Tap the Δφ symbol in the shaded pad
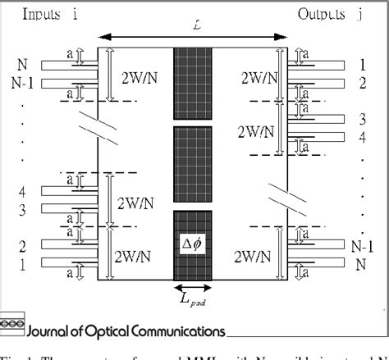coord(193,244)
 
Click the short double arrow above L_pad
coord(193,289)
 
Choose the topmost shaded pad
coord(193,78)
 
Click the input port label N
coord(21,63)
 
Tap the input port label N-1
coord(25,82)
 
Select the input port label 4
coord(21,191)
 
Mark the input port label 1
coord(21,264)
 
